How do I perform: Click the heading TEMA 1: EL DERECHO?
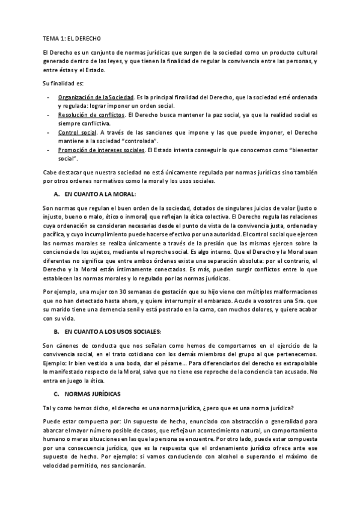[65, 37]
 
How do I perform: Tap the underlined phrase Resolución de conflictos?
[91, 114]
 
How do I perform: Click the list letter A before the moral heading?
[56, 194]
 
